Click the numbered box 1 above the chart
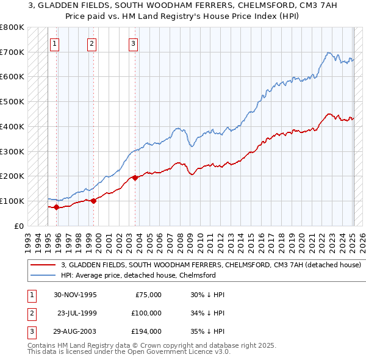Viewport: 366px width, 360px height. [x=55, y=43]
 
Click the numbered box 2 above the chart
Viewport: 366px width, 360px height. [x=91, y=43]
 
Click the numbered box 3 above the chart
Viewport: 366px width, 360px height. [x=133, y=43]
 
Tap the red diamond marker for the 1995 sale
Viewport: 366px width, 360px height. [x=56, y=207]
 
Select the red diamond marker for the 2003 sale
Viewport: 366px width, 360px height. [x=135, y=178]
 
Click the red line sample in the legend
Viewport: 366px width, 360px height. [x=43, y=265]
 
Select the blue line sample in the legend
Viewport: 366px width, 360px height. [x=43, y=276]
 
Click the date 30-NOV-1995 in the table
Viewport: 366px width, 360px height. [x=75, y=295]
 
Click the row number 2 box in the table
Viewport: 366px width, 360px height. [x=30, y=313]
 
